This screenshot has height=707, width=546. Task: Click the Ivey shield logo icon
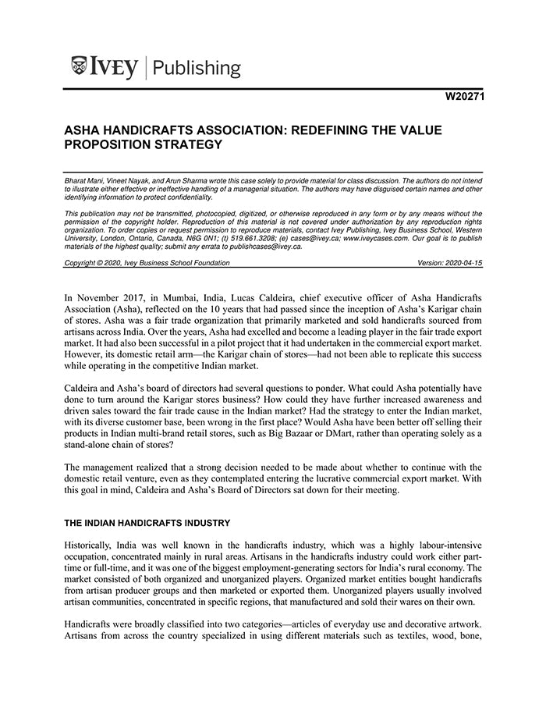click(79, 67)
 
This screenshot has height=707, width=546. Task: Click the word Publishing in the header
click(197, 69)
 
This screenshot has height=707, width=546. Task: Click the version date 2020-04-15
click(460, 263)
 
